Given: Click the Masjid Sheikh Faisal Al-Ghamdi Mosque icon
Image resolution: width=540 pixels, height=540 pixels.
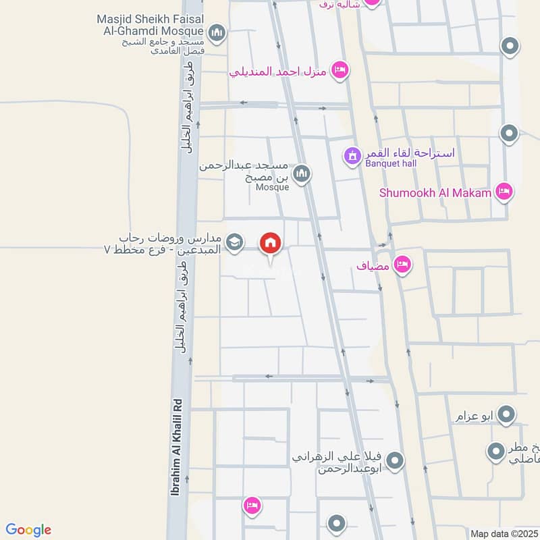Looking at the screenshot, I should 217,32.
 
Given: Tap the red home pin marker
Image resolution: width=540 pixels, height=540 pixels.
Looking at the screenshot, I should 271,244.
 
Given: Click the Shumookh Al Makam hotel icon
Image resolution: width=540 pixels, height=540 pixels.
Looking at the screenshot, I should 504,192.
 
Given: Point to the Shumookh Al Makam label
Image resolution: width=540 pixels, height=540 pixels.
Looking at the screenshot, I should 436,192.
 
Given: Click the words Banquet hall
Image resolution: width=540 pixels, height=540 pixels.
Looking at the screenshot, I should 391,163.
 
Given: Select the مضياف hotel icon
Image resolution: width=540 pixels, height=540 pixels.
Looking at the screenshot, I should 402,264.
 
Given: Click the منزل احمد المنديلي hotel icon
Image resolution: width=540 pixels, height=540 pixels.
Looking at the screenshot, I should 340,70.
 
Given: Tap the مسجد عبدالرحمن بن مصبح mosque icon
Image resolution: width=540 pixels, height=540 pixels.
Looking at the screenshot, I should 301,174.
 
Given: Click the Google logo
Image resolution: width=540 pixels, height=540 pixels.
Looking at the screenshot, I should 28,530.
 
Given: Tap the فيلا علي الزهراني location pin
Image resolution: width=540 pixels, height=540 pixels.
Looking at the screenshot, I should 396,462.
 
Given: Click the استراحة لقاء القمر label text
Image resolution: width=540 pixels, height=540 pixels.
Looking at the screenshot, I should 410,153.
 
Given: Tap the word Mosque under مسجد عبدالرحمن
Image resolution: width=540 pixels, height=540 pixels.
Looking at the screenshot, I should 272,187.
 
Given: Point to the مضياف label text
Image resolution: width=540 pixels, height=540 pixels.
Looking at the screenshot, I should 373,266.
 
